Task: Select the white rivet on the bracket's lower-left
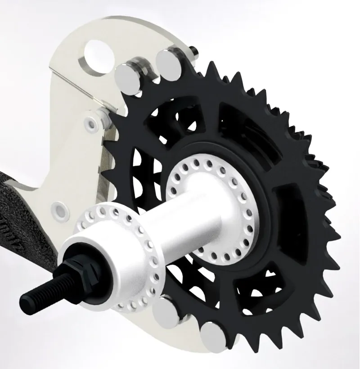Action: [x=59, y=209]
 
